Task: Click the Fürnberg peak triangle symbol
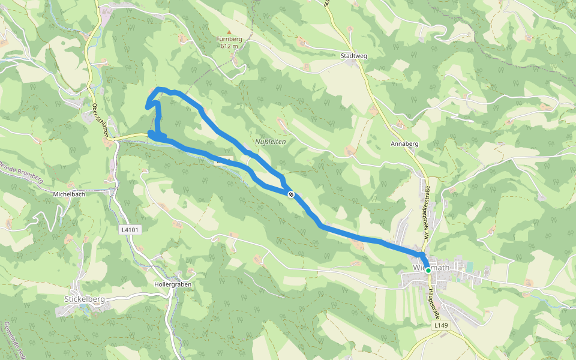(229, 32)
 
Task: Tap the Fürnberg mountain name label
(229, 40)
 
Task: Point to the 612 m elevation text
(229, 46)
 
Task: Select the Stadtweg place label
(353, 56)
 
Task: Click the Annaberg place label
(404, 144)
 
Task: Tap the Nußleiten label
(271, 142)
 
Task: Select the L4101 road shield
(130, 230)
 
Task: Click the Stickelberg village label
(85, 298)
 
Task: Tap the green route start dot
(428, 271)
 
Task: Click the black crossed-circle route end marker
(291, 194)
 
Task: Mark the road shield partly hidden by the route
(224, 161)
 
